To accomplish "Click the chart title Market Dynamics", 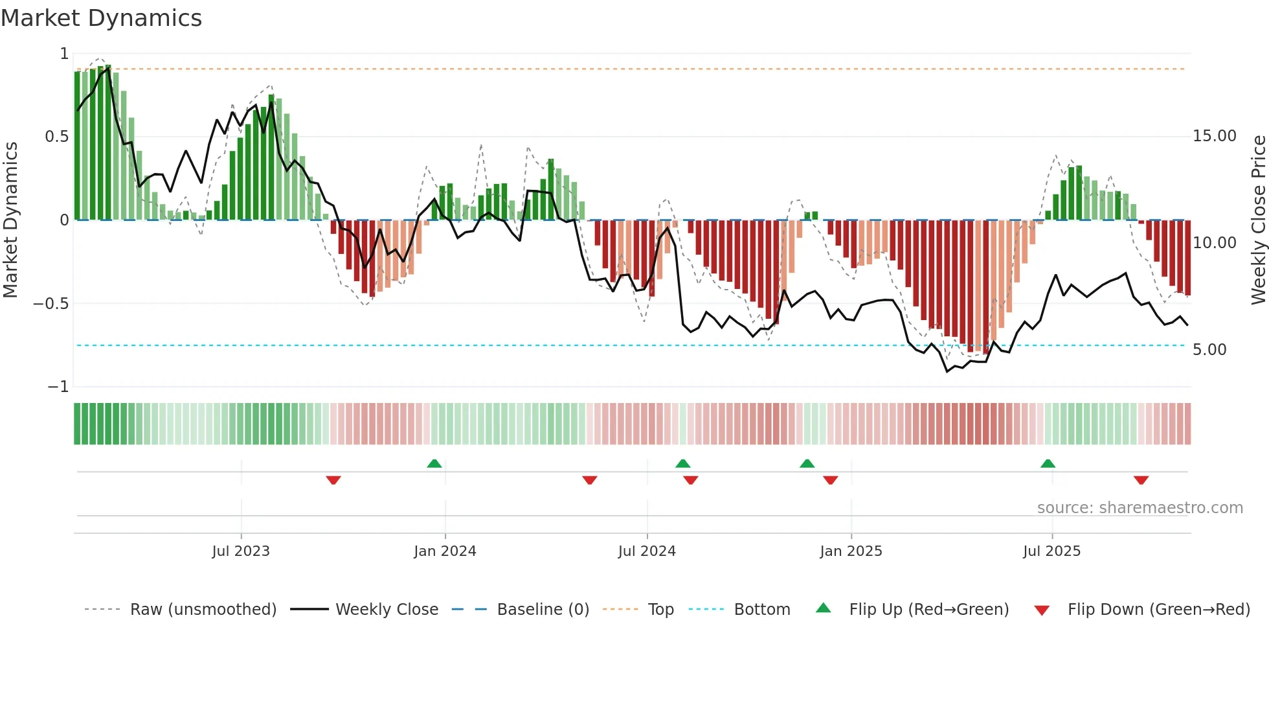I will pos(101,18).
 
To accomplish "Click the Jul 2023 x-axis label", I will pos(240,551).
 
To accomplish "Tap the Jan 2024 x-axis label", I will pos(445,551).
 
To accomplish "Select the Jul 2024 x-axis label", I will pos(647,551).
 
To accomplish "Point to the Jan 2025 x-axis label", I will pos(851,551).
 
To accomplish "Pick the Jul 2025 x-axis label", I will pos(1051,551).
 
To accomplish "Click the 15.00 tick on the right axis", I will pos(1214,136).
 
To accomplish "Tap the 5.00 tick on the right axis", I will pos(1209,350).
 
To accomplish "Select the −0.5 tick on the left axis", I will pos(51,304).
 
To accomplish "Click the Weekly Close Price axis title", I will pos(1258,220).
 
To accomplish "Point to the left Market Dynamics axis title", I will pos(10,220).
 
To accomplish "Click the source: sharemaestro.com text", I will pos(1140,508).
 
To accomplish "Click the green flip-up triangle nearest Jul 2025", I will pos(1048,463).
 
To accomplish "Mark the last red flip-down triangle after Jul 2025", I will pos(1141,480).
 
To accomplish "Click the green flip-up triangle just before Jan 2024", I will pos(434,463).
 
